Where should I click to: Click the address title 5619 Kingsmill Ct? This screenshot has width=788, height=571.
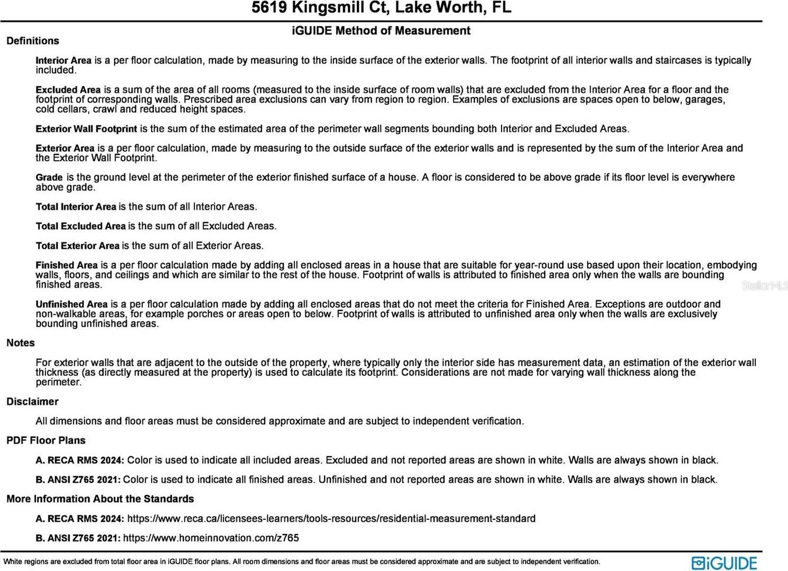tap(381, 8)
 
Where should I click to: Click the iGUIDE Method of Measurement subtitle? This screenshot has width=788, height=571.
tap(381, 31)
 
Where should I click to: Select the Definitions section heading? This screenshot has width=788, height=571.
tap(33, 41)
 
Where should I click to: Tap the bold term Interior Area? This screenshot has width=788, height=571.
tap(63, 60)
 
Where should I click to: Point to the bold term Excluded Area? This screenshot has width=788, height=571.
tap(68, 90)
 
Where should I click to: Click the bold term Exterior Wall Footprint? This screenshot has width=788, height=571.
tap(86, 128)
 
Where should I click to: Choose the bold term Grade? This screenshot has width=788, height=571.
tap(49, 178)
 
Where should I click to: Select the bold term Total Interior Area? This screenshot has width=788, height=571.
tap(76, 207)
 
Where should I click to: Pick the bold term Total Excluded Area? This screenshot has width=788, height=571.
tap(80, 226)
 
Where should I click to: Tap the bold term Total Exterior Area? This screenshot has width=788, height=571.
tap(77, 246)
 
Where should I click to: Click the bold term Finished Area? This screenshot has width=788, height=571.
tap(67, 265)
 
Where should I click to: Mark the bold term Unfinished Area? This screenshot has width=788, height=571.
tap(71, 305)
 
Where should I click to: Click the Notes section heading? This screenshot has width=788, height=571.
tap(21, 343)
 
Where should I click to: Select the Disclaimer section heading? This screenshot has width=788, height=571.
tap(32, 401)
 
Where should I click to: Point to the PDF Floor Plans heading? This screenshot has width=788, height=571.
tap(46, 440)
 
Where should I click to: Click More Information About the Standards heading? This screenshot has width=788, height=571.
tap(100, 499)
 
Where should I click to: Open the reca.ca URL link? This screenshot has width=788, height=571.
tap(331, 519)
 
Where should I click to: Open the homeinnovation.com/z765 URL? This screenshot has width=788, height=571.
tap(211, 538)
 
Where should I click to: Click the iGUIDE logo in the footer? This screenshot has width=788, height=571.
tap(724, 563)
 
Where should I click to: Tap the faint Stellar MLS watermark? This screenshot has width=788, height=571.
tap(764, 285)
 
